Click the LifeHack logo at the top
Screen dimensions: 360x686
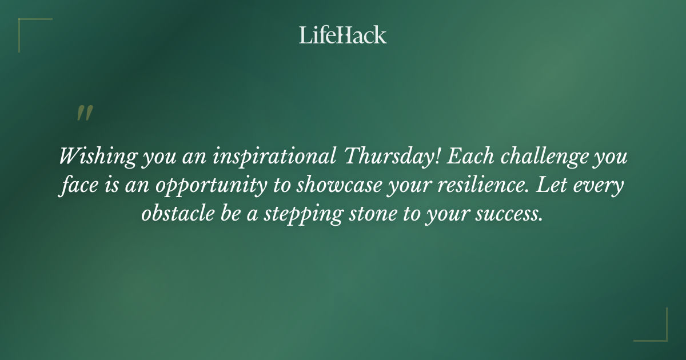tap(343, 35)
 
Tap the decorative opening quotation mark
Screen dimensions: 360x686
tap(84, 113)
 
